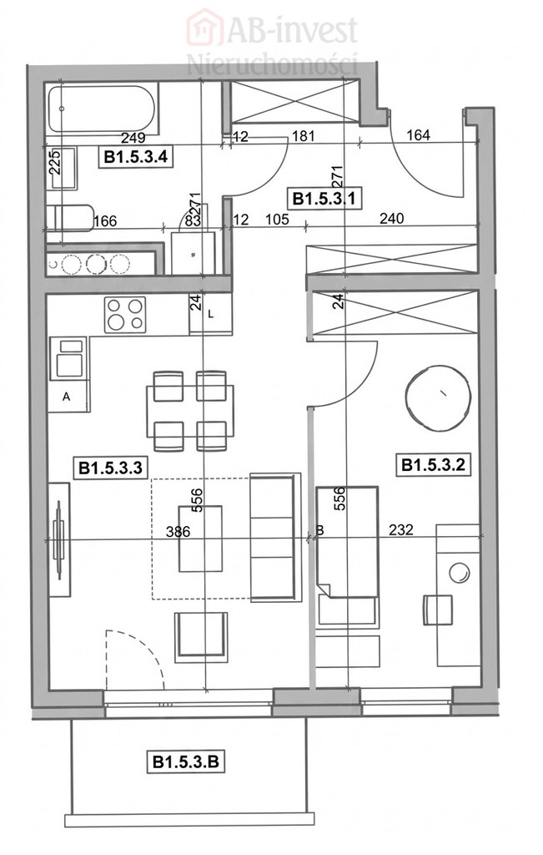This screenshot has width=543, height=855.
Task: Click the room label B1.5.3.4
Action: point(136,157)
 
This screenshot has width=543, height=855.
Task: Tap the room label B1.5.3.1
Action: point(324,197)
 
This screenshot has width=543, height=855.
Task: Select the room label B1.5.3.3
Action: point(111,468)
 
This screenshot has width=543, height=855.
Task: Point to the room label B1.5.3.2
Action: point(433,464)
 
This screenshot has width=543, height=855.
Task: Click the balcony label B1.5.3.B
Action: point(186,761)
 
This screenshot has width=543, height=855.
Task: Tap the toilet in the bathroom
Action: point(70,218)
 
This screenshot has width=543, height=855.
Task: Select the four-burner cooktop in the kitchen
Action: point(126,315)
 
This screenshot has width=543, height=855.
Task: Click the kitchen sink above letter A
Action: point(69,358)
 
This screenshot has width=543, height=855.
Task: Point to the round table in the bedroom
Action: point(438,398)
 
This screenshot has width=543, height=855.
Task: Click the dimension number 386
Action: point(178,531)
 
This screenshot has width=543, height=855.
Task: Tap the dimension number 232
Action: point(401,529)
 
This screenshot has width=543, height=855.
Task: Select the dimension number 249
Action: point(133,138)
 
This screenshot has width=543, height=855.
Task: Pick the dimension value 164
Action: point(418,134)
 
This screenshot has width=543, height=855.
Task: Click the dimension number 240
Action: point(391,219)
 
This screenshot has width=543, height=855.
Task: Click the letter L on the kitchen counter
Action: point(211,315)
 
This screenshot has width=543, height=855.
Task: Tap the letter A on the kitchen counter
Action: point(67,397)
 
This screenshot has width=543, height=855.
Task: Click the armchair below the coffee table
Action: point(201,637)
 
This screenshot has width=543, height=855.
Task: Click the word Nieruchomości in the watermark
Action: point(272,63)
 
